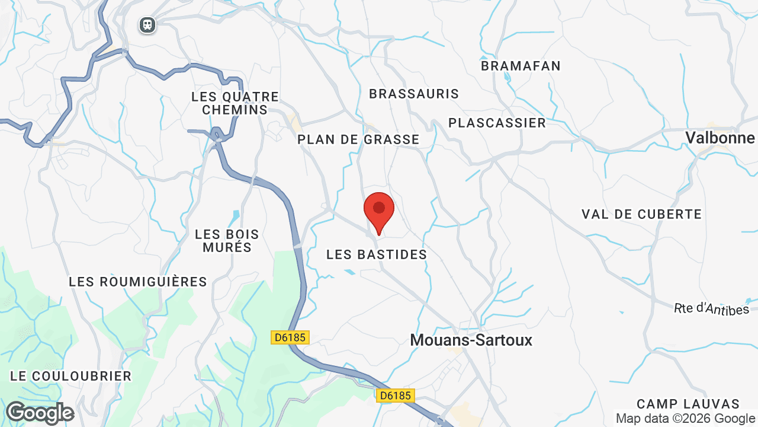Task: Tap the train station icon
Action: (x=147, y=25)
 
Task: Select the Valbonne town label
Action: (x=720, y=138)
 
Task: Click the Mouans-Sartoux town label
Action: (x=471, y=340)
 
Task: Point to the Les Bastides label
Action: (x=377, y=254)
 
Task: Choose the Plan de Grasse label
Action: (x=358, y=139)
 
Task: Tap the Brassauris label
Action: (x=414, y=94)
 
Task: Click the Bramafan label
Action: (x=521, y=66)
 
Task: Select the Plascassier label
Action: (x=497, y=123)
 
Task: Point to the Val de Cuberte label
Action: (x=641, y=214)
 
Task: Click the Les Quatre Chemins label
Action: (x=235, y=103)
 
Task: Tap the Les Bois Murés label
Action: (x=227, y=241)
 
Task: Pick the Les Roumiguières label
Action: (x=138, y=282)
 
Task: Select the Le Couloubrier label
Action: (x=71, y=376)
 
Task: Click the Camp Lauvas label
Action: (x=688, y=404)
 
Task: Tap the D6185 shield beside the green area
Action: (x=290, y=337)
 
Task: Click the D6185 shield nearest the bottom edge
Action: (x=396, y=395)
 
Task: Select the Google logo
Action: (x=40, y=413)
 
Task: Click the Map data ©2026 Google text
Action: (x=686, y=419)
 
